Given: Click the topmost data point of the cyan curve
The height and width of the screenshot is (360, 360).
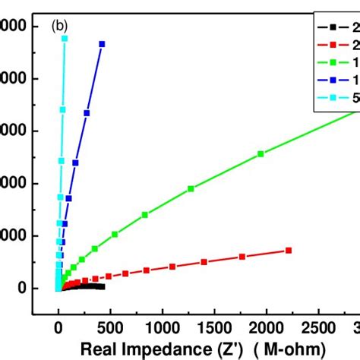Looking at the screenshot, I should point(65,38).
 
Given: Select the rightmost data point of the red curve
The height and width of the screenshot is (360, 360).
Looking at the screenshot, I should point(288,251).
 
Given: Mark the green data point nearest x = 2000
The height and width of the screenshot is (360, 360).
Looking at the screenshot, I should point(261,154).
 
